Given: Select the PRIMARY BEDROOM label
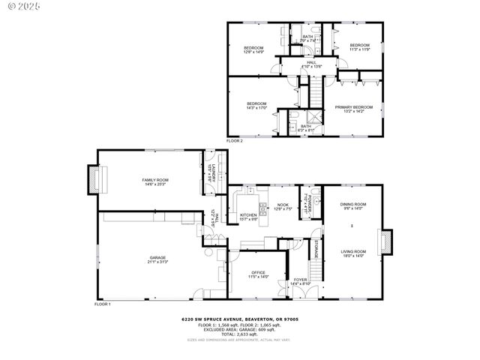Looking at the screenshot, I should (353, 109).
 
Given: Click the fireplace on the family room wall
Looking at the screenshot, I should (93, 178).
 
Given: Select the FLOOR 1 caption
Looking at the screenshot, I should (102, 304).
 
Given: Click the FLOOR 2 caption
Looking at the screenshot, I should (235, 141).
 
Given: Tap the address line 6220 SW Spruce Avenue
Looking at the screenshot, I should (240, 319).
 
